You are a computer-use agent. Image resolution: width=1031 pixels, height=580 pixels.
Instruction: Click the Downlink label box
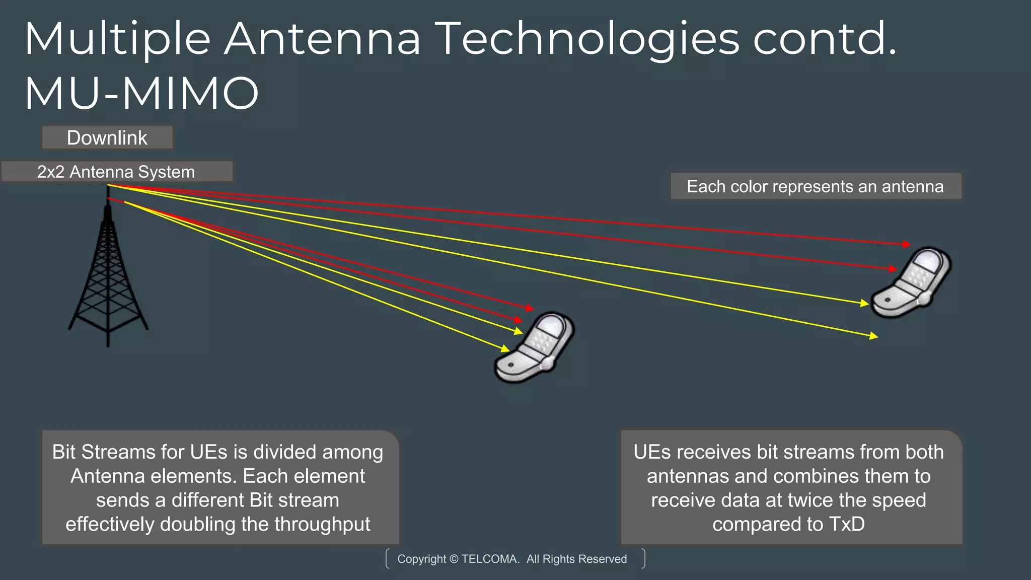pos(107,138)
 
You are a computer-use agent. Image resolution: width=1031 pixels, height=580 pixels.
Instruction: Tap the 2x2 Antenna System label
pos(116,172)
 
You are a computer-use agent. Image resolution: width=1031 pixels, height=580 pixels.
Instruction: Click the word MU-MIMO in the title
pos(141,93)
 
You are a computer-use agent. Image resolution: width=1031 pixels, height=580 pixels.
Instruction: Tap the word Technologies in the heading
pos(587,39)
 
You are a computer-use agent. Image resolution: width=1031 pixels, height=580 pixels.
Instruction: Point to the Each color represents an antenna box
pos(816,187)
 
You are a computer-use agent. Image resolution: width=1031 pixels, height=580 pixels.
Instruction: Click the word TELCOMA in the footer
pos(490,559)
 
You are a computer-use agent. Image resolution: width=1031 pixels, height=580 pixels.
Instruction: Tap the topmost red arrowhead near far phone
pos(907,244)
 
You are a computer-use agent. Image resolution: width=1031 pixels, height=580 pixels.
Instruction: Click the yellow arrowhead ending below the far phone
pos(873,336)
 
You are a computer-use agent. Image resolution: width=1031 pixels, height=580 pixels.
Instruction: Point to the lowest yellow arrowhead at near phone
pos(505,348)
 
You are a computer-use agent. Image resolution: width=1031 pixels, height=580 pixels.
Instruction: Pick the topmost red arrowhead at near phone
pos(530,308)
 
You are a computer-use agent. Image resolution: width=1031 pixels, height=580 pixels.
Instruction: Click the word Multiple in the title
pos(117,39)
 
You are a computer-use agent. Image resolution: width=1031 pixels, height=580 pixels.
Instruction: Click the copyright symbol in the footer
pos(454,559)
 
